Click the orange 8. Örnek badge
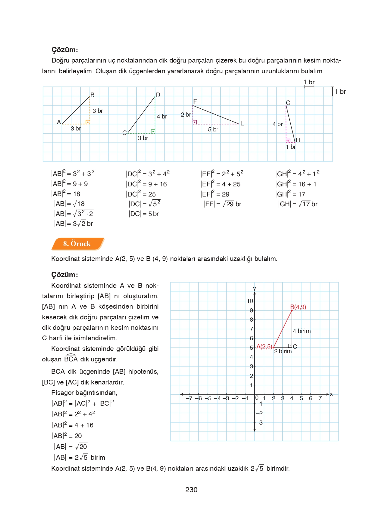[77, 244]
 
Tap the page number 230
[191, 490]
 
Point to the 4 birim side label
[302, 331]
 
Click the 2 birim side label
[283, 351]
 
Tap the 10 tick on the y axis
[250, 301]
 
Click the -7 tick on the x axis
[189, 398]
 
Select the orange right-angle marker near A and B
[88, 122]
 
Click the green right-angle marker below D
[153, 131]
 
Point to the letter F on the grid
[195, 101]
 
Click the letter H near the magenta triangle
[298, 140]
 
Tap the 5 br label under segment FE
[213, 130]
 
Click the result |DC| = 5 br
[144, 214]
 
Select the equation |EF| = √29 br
[222, 204]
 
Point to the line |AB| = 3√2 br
[73, 224]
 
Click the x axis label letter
[331, 394]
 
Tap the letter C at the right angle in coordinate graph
[295, 347]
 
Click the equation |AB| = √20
[71, 447]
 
